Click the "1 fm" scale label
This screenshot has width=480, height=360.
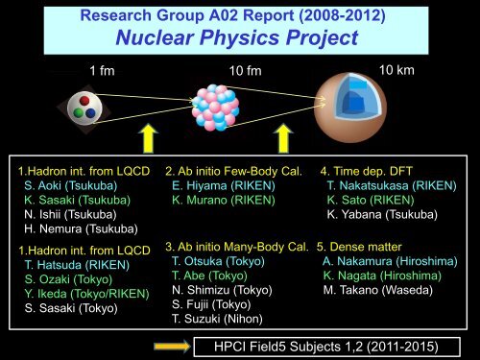coord(104,73)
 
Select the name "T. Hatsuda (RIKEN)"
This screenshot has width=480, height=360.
coord(69,265)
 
